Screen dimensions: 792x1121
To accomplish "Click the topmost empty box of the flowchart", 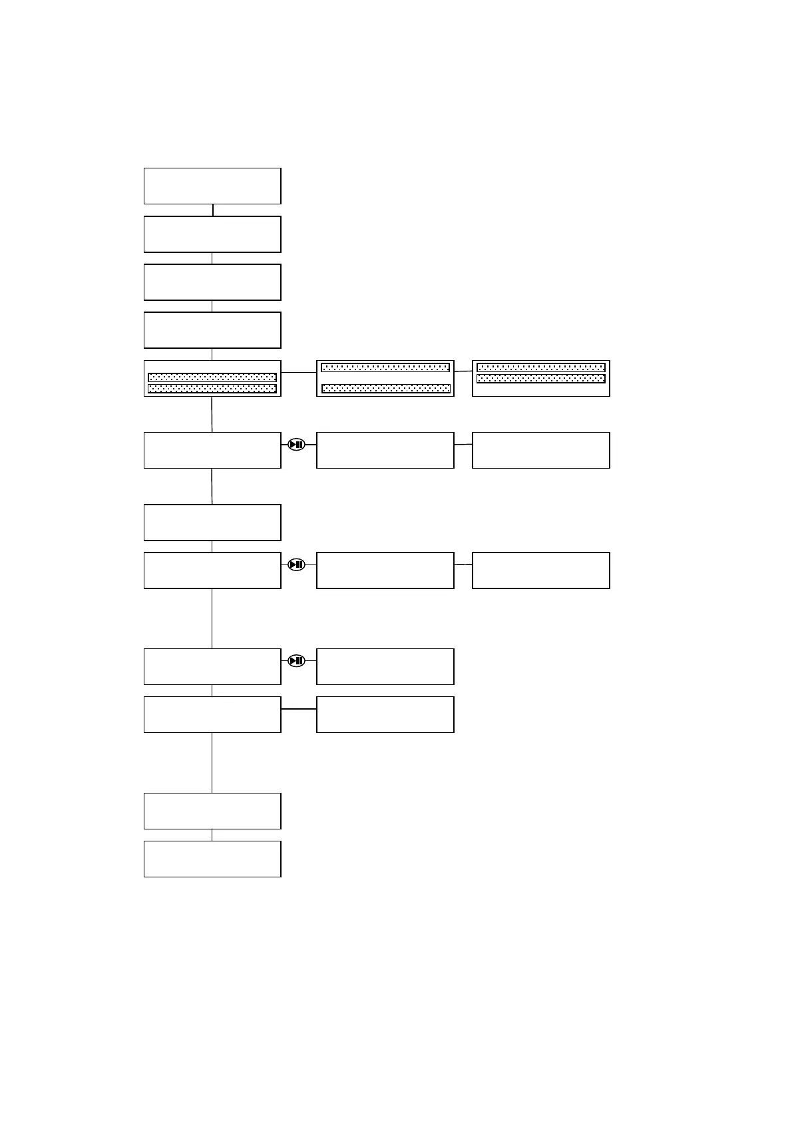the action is (x=212, y=186).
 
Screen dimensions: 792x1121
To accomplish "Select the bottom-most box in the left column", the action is (x=212, y=859).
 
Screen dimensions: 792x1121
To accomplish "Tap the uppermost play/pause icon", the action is (x=297, y=445).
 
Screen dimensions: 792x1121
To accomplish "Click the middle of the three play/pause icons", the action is (x=297, y=564).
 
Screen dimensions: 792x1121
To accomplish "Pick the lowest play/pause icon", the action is (x=297, y=661).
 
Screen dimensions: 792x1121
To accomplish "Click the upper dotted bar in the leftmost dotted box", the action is (x=212, y=377).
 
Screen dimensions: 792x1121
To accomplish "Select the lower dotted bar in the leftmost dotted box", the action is (x=212, y=389).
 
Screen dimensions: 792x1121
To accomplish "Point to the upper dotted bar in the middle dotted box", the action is (x=385, y=367).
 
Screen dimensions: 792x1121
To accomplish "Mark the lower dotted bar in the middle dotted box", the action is (x=385, y=389).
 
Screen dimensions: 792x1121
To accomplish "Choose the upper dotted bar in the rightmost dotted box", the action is (x=541, y=367).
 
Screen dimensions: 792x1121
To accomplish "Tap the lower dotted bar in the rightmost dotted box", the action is (x=541, y=379).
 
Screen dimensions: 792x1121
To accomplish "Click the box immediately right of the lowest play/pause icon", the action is (x=385, y=666).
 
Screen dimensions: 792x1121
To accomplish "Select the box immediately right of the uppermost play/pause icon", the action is (x=385, y=450).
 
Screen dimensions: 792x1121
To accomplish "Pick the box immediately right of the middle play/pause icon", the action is (x=385, y=570).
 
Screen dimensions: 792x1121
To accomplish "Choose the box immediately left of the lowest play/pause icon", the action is (x=212, y=666).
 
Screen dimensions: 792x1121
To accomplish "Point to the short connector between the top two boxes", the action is (x=213, y=210).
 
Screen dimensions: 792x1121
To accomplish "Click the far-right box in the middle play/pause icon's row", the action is (x=541, y=570).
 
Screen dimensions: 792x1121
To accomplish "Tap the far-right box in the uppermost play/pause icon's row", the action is (x=541, y=450).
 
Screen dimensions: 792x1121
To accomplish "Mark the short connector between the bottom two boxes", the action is (x=212, y=835).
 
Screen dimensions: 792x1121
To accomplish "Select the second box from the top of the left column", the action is (x=212, y=234).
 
